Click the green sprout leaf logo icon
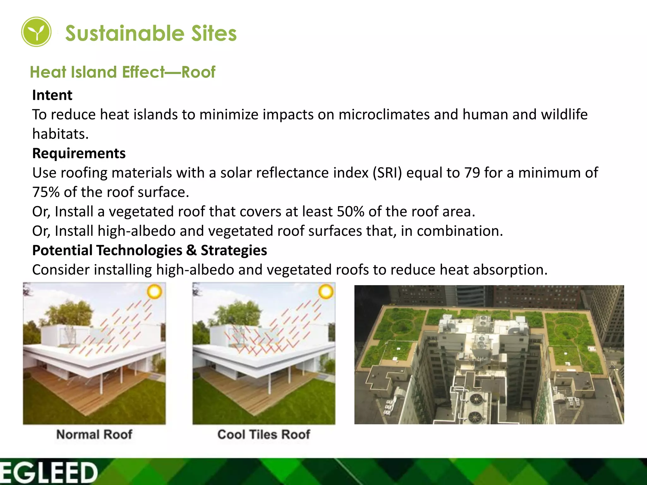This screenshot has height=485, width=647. click(x=36, y=32)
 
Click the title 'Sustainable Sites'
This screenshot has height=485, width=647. click(x=151, y=33)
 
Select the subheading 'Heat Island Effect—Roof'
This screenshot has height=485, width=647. click(x=123, y=72)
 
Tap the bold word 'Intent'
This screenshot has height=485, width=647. click(x=52, y=95)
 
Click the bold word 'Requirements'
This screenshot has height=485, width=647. click(x=79, y=153)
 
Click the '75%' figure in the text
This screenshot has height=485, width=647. click(x=46, y=192)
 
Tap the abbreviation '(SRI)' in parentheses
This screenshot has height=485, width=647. click(x=387, y=173)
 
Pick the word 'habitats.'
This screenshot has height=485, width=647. click(x=60, y=134)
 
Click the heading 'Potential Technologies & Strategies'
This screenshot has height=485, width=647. click(x=149, y=250)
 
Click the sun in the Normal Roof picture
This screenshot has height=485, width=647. click(x=154, y=292)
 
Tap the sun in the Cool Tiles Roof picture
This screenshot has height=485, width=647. click(x=326, y=292)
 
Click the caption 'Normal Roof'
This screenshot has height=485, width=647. click(x=94, y=434)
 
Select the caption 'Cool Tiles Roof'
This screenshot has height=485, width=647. click(x=264, y=434)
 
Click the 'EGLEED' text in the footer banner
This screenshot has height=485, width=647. click(x=49, y=473)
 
